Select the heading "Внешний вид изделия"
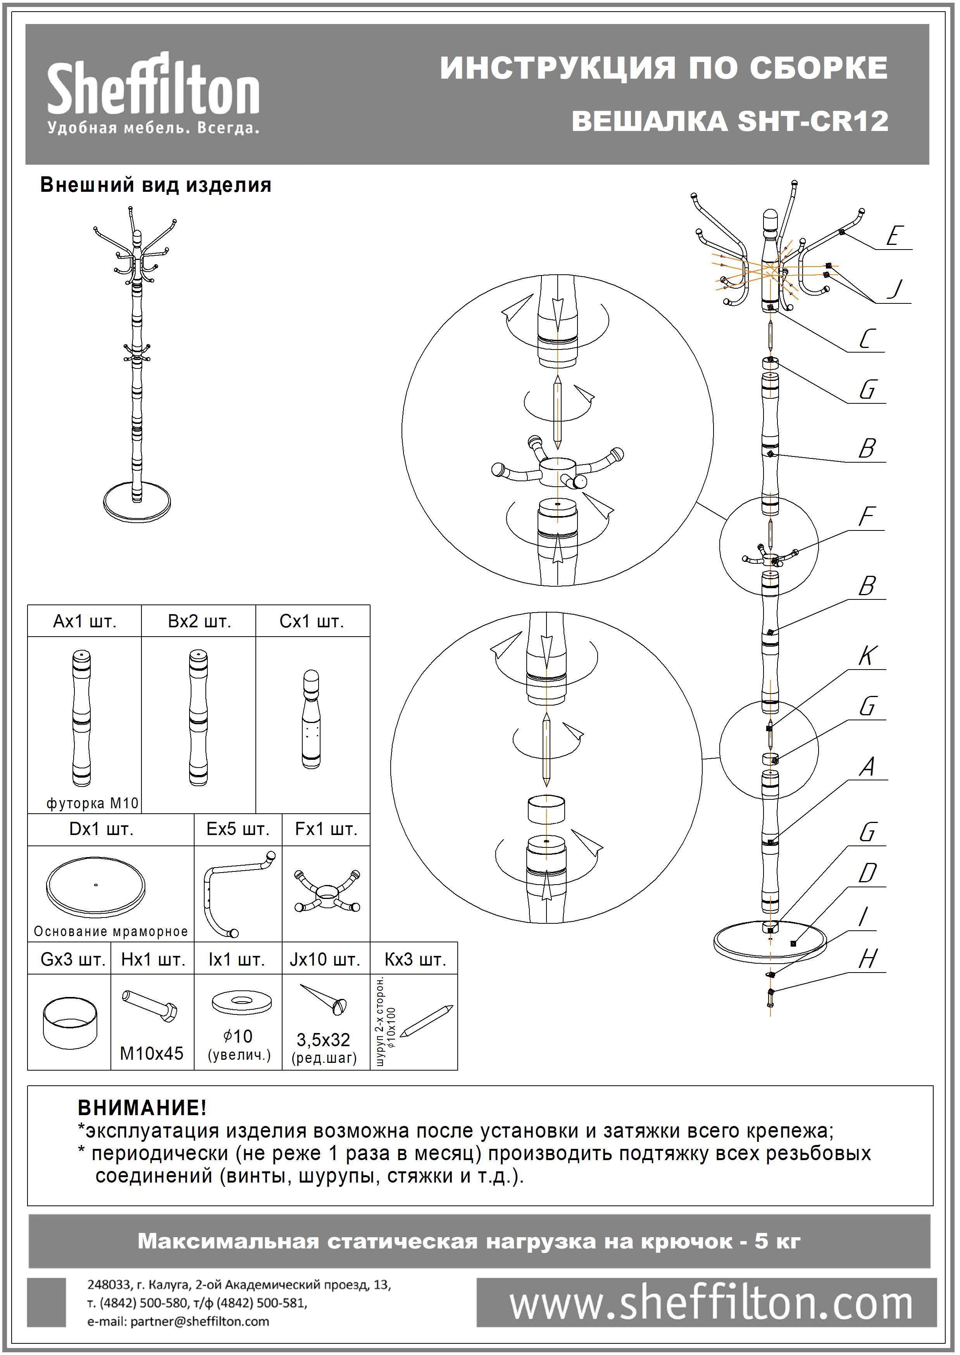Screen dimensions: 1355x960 point(155,186)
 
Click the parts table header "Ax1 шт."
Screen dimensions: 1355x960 point(84,622)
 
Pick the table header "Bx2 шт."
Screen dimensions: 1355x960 point(199,622)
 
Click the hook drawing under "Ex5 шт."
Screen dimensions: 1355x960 point(236,892)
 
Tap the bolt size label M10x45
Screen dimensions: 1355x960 point(152,1053)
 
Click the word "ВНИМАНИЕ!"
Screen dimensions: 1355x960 point(142,1107)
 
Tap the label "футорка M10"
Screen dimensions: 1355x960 point(92,803)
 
